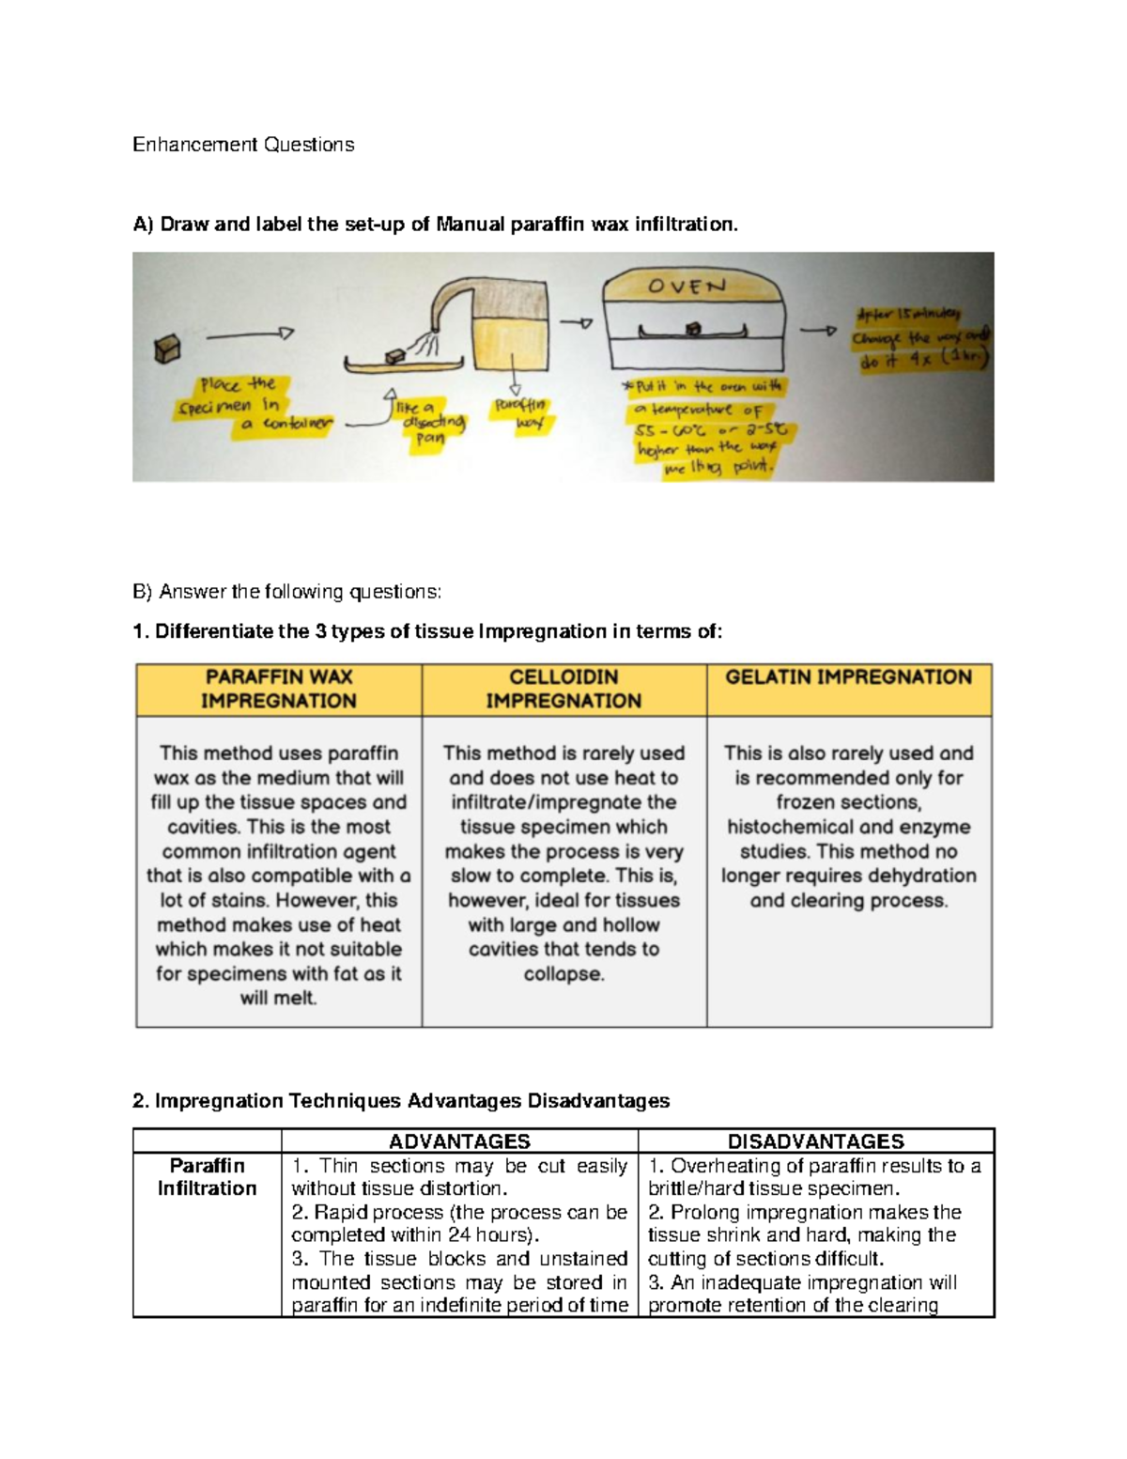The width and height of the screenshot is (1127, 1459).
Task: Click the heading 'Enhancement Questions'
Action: click(x=243, y=145)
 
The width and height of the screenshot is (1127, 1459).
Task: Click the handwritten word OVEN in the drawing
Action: click(x=687, y=287)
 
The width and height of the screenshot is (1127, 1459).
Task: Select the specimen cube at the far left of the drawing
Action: click(x=167, y=349)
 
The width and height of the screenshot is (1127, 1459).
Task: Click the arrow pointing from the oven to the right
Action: click(x=816, y=330)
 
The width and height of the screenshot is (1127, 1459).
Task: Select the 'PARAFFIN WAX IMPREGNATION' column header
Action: click(x=279, y=689)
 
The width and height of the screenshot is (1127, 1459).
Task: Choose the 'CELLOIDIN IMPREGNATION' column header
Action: click(x=563, y=689)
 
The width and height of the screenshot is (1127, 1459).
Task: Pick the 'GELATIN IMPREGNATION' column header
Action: click(x=848, y=677)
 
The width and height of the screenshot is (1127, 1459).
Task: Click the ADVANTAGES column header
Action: click(x=459, y=1141)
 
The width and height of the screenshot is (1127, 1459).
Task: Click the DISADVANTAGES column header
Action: click(x=815, y=1141)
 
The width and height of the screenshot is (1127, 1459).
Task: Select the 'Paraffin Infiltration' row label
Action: click(x=207, y=1176)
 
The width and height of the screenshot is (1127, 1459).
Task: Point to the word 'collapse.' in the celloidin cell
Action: click(x=563, y=973)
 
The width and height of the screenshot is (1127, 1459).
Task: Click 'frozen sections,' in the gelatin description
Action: click(x=848, y=802)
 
